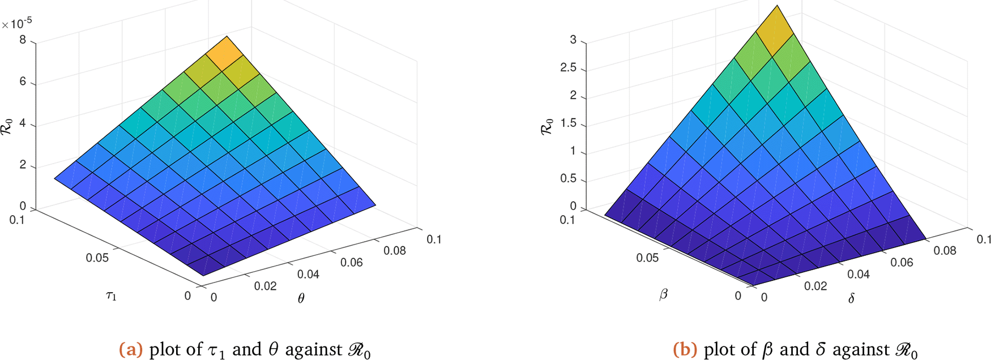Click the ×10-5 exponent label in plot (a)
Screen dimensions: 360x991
(x=16, y=23)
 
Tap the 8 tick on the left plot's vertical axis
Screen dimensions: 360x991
(x=23, y=41)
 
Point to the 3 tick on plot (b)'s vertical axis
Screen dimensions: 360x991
(x=573, y=40)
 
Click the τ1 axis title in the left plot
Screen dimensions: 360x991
(x=112, y=295)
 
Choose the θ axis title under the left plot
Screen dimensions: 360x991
(x=301, y=298)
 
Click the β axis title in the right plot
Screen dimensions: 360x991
(x=664, y=294)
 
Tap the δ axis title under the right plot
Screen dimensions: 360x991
(x=851, y=298)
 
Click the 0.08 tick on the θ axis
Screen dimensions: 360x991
(x=395, y=250)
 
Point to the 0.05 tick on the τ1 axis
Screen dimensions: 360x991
(x=97, y=258)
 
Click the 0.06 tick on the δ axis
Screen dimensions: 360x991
(x=902, y=262)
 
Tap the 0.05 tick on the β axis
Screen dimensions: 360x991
(x=647, y=258)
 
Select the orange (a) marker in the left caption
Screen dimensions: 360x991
(x=131, y=350)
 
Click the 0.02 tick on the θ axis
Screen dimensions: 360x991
(x=265, y=286)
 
